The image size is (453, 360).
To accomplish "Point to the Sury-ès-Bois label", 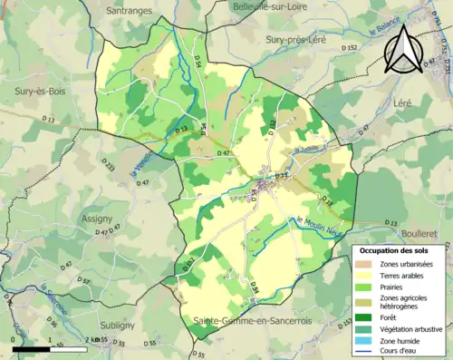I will pos(37,92).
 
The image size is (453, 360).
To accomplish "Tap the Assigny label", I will pos(96,219).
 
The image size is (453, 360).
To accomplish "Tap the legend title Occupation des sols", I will pos(398,249).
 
